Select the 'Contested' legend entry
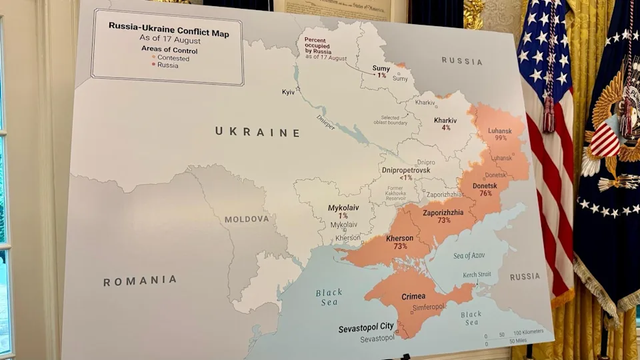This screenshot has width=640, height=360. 173,58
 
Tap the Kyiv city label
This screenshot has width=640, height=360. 288,92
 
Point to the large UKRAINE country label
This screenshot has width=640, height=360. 257,132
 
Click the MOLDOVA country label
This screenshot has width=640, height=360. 247,219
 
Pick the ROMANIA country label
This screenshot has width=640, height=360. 140,281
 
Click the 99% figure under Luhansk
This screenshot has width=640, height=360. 501,138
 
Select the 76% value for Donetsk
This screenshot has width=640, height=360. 485,193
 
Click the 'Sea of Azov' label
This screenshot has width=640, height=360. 469,255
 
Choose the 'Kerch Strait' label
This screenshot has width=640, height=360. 477,275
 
